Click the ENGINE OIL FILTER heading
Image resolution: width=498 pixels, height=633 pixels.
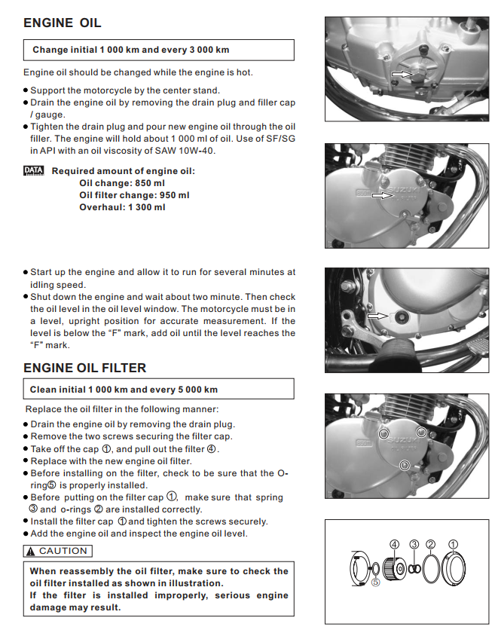pos(85,368)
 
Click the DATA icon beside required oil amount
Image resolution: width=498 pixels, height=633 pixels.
pos(34,171)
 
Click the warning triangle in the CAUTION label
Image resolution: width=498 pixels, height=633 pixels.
pos(31,551)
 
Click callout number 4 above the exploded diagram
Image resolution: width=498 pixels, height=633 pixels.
pos(394,543)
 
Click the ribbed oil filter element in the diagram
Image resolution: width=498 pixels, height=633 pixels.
pos(393,567)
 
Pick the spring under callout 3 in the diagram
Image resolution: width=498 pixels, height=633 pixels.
pos(414,566)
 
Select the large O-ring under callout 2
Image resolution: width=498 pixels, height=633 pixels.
pos(430,566)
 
